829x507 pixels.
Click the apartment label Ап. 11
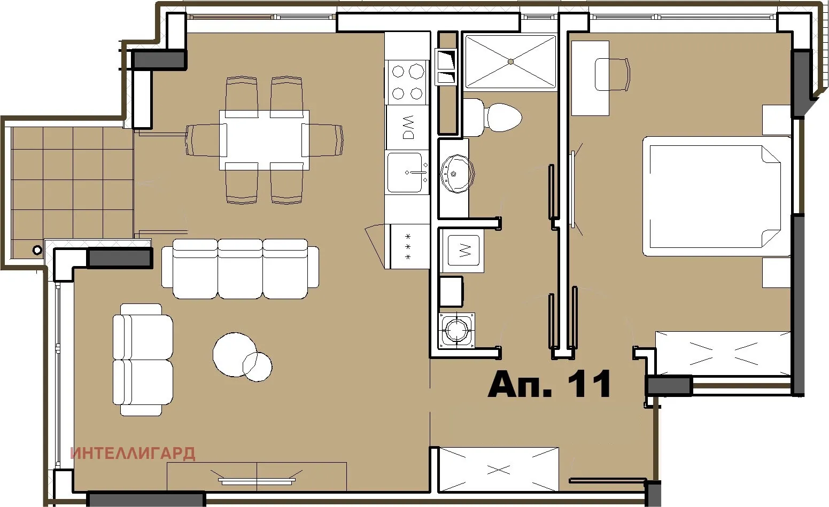pyautogui.click(x=549, y=384)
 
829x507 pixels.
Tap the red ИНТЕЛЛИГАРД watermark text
pyautogui.click(x=133, y=454)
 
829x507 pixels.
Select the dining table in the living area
pyautogui.click(x=264, y=140)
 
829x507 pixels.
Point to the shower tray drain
pyautogui.click(x=510, y=61)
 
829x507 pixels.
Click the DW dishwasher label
pyautogui.click(x=408, y=127)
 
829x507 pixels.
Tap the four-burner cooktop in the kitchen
pyautogui.click(x=407, y=82)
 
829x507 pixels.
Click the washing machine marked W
pyautogui.click(x=462, y=251)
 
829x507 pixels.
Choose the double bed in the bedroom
pyautogui.click(x=716, y=197)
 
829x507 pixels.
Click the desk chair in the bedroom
pyautogui.click(x=613, y=74)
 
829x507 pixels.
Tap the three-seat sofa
pyautogui.click(x=241, y=269)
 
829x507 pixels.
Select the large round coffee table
pyautogui.click(x=234, y=354)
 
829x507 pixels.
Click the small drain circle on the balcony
pyautogui.click(x=37, y=249)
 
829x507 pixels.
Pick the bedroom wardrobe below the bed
pyautogui.click(x=723, y=353)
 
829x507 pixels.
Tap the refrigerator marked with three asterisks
pyautogui.click(x=409, y=246)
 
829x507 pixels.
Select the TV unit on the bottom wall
pyautogui.click(x=257, y=477)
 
